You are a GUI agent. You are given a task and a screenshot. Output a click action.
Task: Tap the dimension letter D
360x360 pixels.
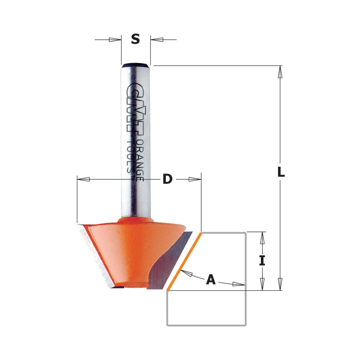tap(167, 179)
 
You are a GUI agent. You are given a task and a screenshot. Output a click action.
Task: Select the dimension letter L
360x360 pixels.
tap(281, 172)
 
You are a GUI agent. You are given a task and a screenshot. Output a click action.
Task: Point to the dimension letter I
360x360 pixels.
tap(262, 261)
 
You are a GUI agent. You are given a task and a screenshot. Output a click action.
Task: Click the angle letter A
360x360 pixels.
tap(211, 279)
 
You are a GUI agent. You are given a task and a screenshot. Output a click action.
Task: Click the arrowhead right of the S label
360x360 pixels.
tap(157, 40)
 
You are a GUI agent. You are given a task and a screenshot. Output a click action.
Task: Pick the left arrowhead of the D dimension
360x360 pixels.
tap(84, 179)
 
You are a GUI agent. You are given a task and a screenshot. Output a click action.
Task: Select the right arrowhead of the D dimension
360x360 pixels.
tap(195, 179)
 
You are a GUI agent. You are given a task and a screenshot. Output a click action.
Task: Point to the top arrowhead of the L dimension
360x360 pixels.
tap(280, 72)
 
